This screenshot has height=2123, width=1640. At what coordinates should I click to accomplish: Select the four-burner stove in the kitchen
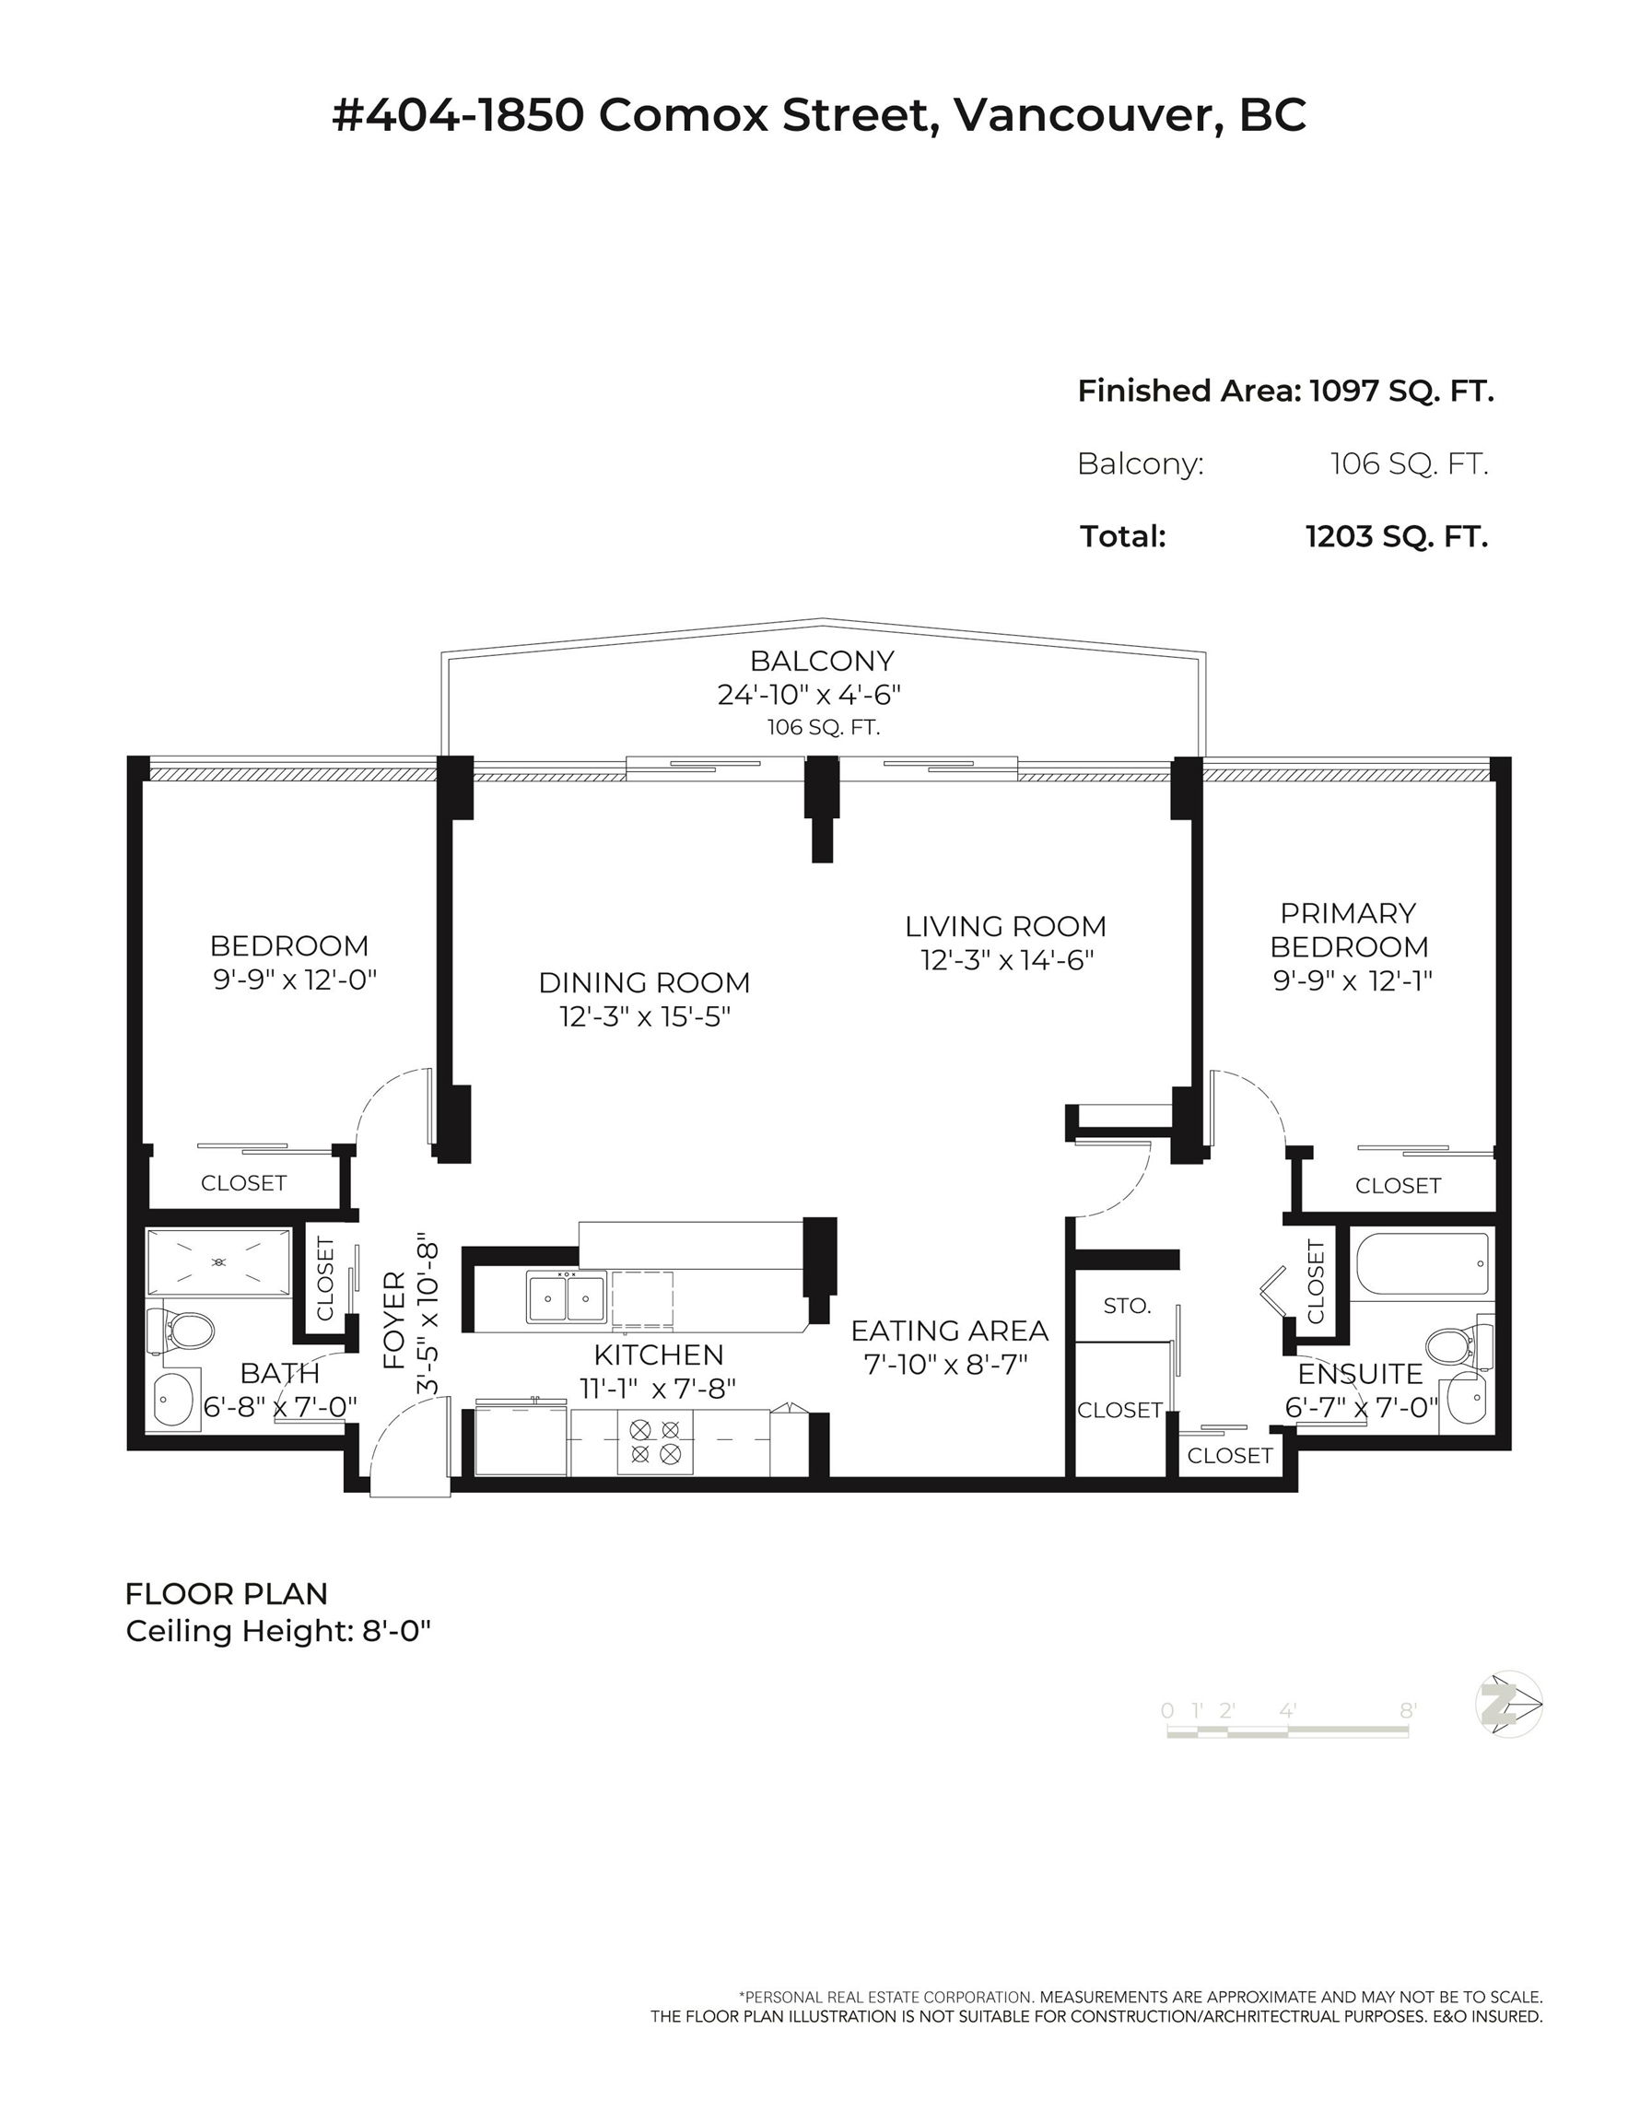[x=655, y=1441]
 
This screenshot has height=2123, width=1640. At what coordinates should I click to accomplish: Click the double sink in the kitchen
[x=566, y=1297]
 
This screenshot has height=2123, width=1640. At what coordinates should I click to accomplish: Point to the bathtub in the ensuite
[x=1419, y=1263]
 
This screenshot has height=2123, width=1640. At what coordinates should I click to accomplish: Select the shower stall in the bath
[x=218, y=1261]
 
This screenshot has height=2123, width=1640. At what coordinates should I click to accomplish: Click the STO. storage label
[x=1127, y=1306]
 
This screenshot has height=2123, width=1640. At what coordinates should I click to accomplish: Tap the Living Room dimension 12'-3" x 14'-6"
[x=1007, y=960]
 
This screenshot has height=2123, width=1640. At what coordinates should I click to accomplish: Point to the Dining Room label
[x=645, y=983]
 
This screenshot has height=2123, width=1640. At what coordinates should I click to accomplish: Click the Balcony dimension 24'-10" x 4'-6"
[x=810, y=695]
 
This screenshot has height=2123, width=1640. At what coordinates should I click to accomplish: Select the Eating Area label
[x=950, y=1331]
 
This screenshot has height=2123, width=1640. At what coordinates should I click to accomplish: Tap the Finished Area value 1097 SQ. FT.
[x=1400, y=391]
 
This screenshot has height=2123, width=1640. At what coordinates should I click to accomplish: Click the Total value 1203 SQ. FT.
[x=1397, y=536]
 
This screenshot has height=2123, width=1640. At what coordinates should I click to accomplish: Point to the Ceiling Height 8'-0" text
[x=278, y=1631]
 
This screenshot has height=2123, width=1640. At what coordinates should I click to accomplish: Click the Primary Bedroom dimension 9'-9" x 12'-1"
[x=1353, y=979]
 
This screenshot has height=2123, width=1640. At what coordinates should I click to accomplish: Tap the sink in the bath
[x=174, y=1399]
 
